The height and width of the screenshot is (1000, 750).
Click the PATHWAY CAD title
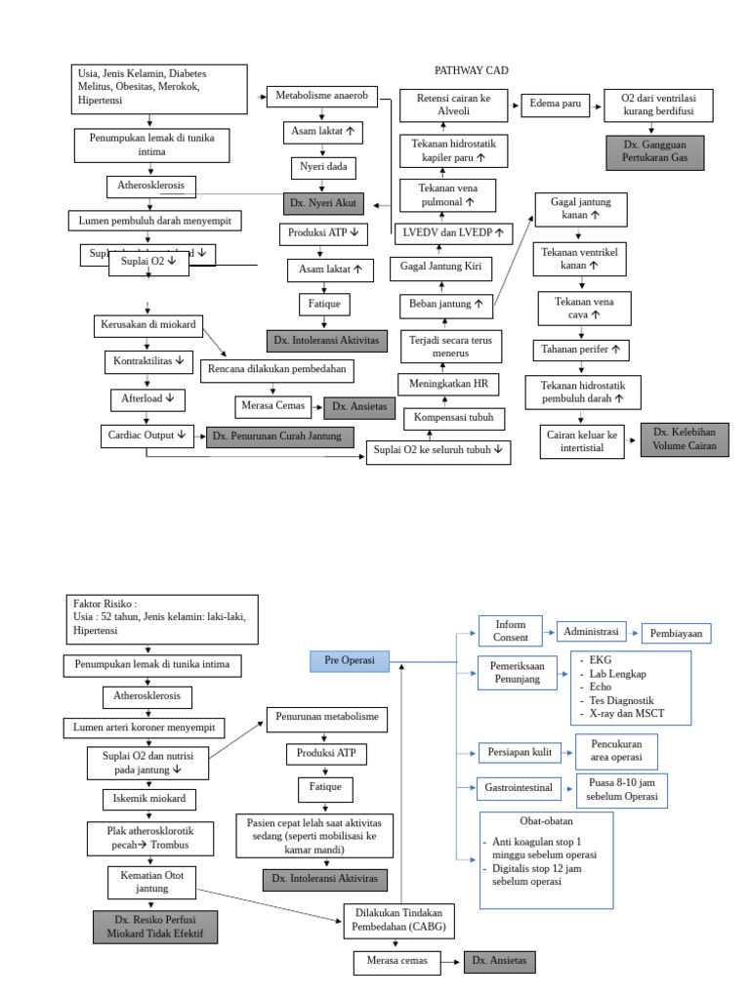[471, 71]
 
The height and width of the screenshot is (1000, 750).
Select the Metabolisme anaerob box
[321, 96]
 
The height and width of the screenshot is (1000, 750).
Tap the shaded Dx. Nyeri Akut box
[324, 203]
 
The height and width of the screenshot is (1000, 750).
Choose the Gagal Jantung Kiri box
[440, 267]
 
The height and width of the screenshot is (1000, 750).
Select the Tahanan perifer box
[581, 349]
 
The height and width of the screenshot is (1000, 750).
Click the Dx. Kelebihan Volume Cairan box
[685, 439]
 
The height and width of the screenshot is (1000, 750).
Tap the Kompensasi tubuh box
[453, 419]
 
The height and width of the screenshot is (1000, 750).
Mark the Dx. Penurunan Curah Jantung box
[279, 437]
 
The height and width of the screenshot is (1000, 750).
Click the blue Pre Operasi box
[349, 661]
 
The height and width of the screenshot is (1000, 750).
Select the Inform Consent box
[510, 631]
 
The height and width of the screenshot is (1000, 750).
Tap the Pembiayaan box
[676, 633]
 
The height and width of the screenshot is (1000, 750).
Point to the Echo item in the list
[601, 687]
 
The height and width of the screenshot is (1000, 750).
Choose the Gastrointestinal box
[518, 786]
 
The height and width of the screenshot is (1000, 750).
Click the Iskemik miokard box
[149, 799]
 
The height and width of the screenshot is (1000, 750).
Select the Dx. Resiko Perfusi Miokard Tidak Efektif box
[155, 927]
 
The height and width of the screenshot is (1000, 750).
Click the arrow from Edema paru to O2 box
[598, 104]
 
